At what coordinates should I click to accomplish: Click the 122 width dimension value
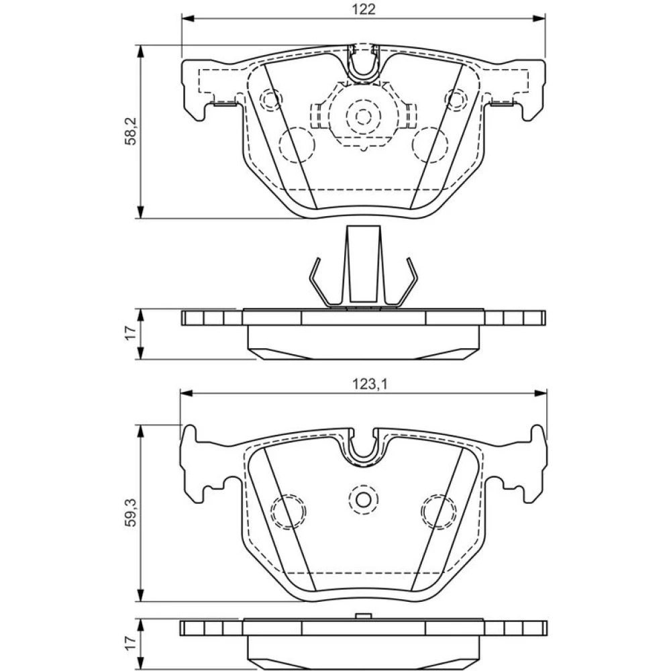pos(364,9)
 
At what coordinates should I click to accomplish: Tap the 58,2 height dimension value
pos(131,132)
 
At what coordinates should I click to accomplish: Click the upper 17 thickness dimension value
pos(131,332)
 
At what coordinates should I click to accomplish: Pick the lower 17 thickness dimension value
pos(131,642)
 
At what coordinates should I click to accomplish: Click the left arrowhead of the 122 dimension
pos(189,18)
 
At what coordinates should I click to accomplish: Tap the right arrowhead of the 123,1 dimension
pos(540,393)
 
